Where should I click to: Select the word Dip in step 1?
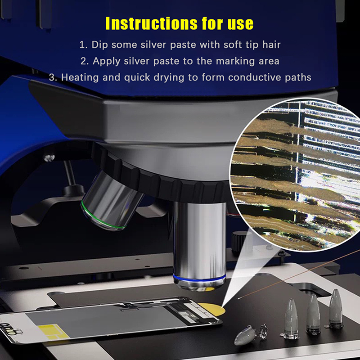[x=99, y=45]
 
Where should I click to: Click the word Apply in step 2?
[x=107, y=61]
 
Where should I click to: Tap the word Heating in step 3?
[x=80, y=77]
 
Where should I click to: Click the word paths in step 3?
[x=298, y=77]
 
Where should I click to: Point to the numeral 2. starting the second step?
[x=84, y=61]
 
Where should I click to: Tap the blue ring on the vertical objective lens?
[x=199, y=279]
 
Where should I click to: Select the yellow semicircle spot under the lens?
[x=212, y=308]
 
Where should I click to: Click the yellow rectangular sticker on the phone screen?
[x=53, y=332]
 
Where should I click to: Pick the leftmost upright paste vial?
[x=291, y=319]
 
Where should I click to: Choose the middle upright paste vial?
[x=313, y=314]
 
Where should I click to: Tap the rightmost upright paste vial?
[x=335, y=308]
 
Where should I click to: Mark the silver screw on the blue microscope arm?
[x=49, y=158]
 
